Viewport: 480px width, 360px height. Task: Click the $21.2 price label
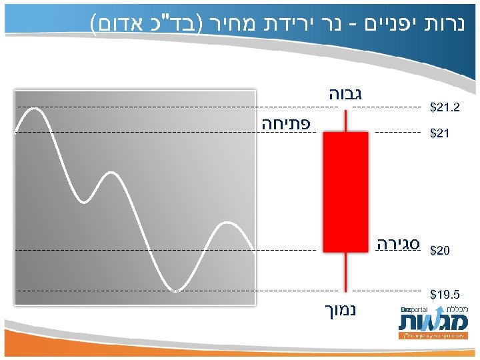(x=445, y=107)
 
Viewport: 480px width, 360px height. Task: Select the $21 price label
(x=440, y=134)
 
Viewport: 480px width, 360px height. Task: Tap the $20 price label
(x=440, y=251)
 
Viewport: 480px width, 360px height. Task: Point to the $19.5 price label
(x=445, y=294)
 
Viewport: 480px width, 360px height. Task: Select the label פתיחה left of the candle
(x=285, y=123)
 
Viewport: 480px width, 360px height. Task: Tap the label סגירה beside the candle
(x=397, y=242)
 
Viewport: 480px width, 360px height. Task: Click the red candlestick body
(x=345, y=192)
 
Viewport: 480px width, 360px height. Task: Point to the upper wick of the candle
(x=345, y=122)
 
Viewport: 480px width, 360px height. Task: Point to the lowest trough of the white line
(x=175, y=290)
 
